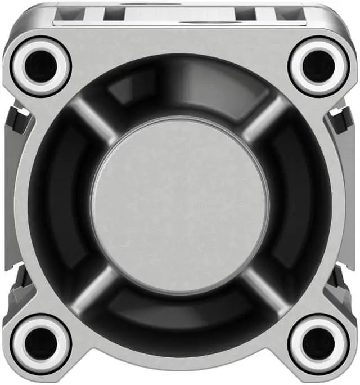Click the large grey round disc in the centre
[180, 204]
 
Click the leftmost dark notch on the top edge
[113, 15]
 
